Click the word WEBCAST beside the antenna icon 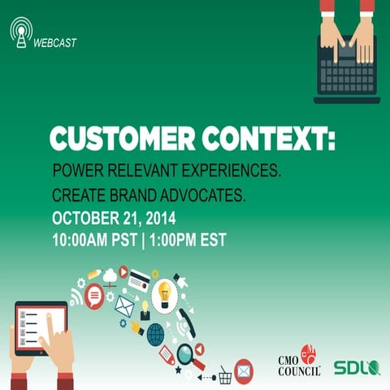coord(55,43)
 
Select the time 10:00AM coord(84,240)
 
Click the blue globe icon coord(155,333)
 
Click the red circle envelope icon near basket coord(243,370)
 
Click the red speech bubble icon coord(94,295)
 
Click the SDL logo coord(357,367)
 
